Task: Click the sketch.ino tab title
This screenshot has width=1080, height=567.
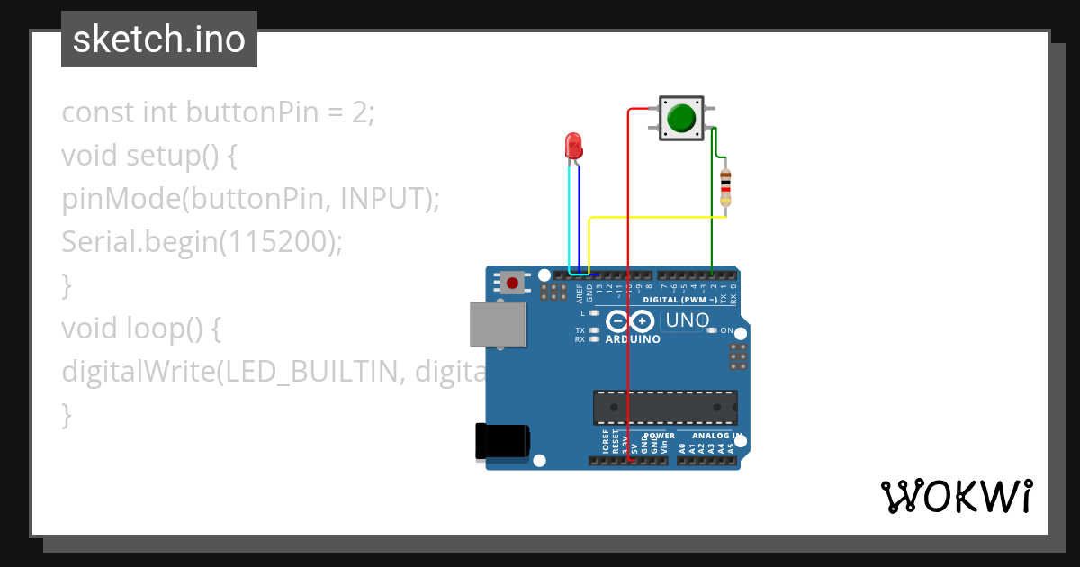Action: pos(159,40)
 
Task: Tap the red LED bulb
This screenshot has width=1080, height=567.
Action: pos(573,145)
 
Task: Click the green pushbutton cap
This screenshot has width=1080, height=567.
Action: pos(681,118)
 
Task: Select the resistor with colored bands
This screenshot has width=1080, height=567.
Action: pos(725,188)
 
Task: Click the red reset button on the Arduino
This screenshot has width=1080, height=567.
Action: pos(513,283)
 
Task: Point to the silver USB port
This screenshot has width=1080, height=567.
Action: pos(497,324)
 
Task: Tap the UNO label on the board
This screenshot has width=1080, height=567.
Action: pos(688,320)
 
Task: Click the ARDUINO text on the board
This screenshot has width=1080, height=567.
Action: pos(633,340)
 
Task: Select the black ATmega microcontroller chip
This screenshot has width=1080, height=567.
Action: pos(665,407)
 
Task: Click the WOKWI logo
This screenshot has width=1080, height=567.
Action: pos(957,496)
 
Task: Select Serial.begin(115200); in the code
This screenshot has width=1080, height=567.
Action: pos(202,242)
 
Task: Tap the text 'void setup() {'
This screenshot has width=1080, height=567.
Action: pos(149,156)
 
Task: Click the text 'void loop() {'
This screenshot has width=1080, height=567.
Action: pos(141,328)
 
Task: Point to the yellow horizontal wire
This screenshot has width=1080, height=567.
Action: pos(657,218)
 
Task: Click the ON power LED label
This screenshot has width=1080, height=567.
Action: pos(727,330)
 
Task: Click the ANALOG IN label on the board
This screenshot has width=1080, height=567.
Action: pos(717,436)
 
